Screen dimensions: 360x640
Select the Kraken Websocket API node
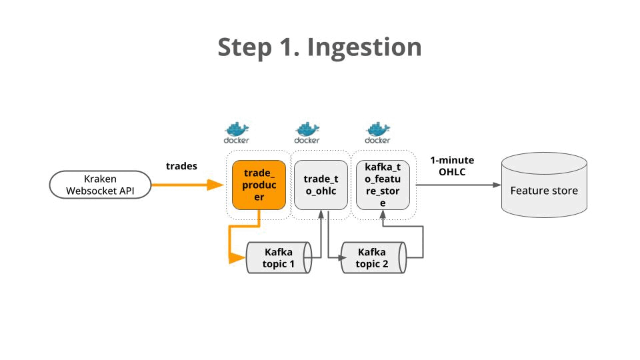[x=100, y=185]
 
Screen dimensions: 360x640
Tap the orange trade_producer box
[x=259, y=185]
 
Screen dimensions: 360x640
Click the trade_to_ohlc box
[x=321, y=185]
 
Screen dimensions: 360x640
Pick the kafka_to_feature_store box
[x=383, y=185]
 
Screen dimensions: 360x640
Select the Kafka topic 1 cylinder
[x=279, y=257]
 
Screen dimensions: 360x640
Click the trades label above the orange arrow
[x=181, y=166]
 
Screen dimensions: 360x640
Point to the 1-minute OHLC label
[x=452, y=166]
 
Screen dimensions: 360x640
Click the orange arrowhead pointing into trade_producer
[x=216, y=185]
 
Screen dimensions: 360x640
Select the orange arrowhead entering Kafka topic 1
[x=238, y=257]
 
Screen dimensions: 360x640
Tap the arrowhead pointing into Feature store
[x=496, y=185]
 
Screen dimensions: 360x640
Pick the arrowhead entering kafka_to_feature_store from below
[x=383, y=214]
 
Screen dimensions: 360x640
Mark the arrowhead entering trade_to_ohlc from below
[x=321, y=214]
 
